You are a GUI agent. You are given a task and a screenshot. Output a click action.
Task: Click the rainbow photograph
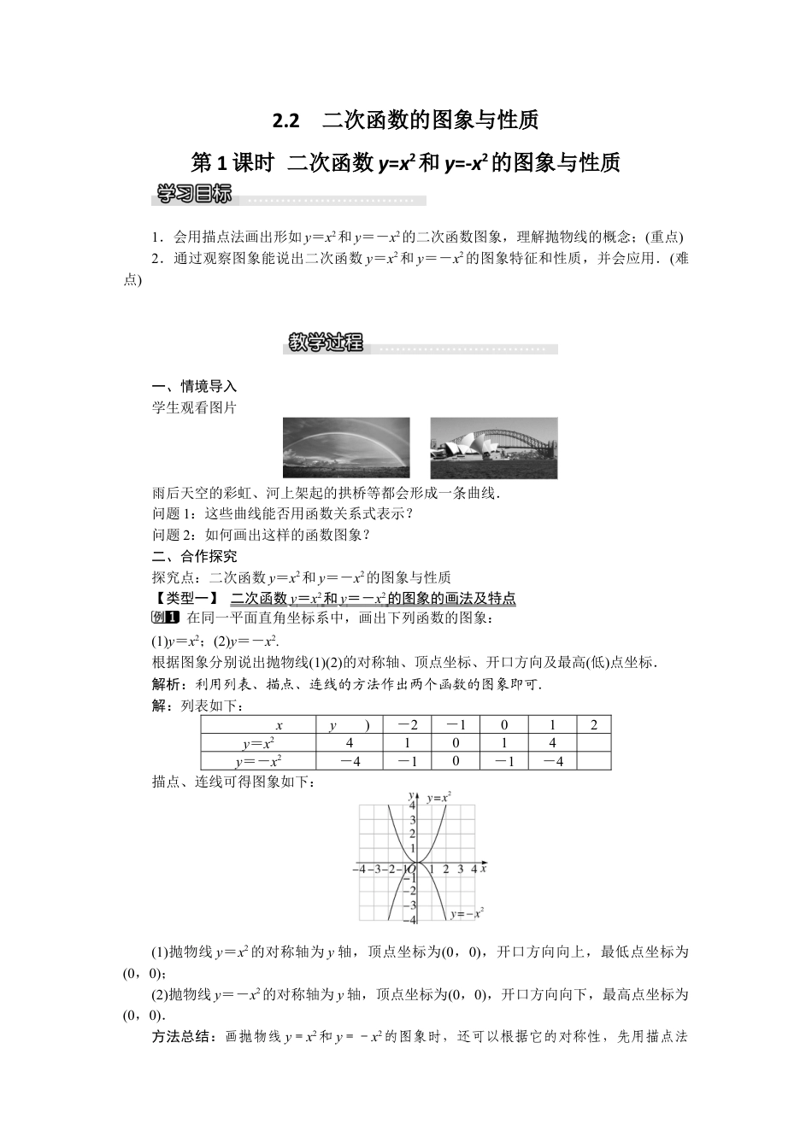(x=346, y=448)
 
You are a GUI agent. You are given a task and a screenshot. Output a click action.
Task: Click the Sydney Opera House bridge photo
(x=493, y=448)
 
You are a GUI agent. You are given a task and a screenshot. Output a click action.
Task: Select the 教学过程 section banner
(x=326, y=343)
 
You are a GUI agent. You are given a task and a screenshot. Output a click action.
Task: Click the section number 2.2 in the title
(x=286, y=120)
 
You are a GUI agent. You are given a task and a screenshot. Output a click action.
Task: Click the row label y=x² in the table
(x=258, y=743)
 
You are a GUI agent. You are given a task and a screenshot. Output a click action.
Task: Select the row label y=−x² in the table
(x=258, y=761)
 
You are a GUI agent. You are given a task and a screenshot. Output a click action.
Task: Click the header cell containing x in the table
(x=279, y=725)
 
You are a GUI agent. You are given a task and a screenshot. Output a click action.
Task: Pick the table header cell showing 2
(x=594, y=725)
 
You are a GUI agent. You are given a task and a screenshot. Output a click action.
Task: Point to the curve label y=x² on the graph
(x=439, y=797)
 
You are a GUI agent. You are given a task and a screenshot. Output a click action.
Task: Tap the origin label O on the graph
(x=410, y=870)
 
